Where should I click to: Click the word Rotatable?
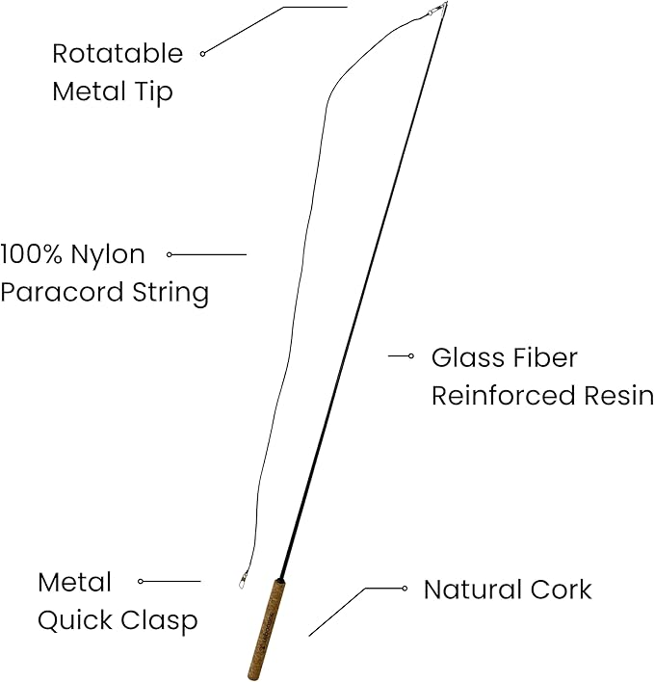[117, 53]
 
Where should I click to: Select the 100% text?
[31, 255]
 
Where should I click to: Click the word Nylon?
[108, 256]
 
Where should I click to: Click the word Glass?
[466, 357]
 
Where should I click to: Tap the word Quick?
[73, 621]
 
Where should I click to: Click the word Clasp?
[160, 620]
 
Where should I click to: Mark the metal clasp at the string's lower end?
[243, 581]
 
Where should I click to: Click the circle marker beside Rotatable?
[202, 54]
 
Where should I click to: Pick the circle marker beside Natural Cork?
[405, 588]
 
